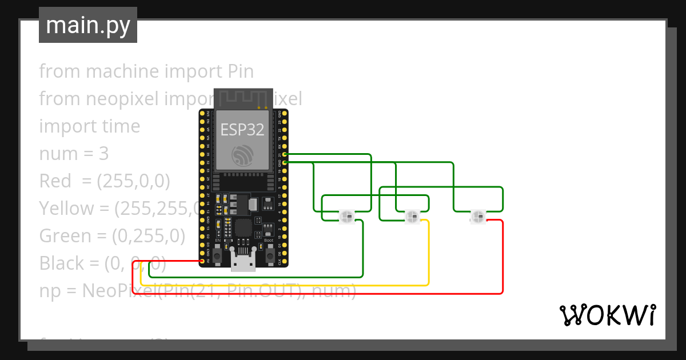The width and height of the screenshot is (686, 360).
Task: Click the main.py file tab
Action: tap(88, 25)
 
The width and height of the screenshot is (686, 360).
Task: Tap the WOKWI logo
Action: tap(607, 315)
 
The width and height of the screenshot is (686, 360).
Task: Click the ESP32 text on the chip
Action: tap(242, 130)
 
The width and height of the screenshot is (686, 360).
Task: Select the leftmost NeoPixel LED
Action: tap(346, 217)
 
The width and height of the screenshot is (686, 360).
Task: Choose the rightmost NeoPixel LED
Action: tap(478, 217)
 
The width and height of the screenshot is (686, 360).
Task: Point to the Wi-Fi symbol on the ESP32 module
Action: tap(242, 155)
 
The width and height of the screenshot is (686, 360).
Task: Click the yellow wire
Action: tap(286, 285)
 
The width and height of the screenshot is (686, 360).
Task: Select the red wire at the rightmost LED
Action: tap(502, 257)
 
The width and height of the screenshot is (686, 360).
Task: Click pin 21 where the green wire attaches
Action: tap(285, 154)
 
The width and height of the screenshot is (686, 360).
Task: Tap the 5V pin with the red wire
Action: tap(202, 261)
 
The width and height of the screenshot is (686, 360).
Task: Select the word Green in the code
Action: tap(63, 236)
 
